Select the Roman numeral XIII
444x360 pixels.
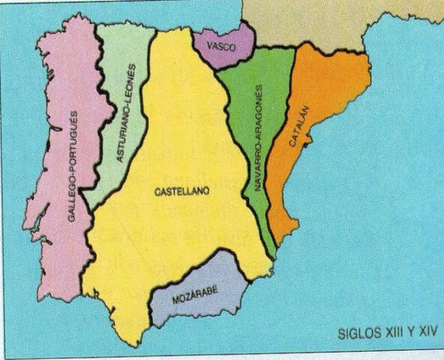coord(388,330)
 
